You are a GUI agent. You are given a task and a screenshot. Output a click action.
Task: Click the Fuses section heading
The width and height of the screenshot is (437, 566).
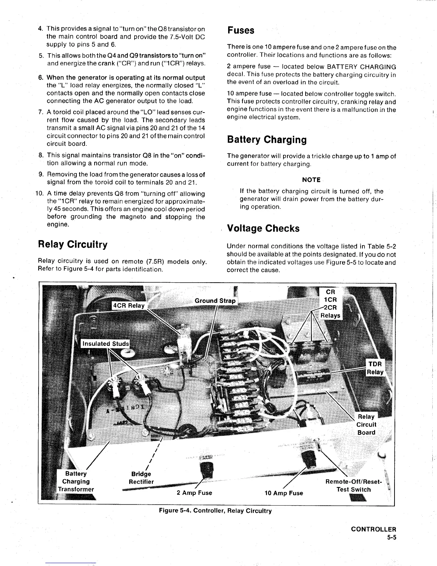click(x=241, y=30)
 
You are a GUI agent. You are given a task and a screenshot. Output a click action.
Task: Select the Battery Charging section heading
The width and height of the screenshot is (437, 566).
click(x=267, y=140)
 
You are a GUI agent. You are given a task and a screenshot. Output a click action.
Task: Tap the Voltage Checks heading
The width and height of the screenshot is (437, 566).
click(x=263, y=228)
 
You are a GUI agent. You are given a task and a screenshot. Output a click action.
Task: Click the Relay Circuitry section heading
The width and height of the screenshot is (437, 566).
click(x=72, y=244)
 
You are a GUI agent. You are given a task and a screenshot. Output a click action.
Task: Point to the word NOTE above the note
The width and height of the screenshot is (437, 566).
click(x=311, y=180)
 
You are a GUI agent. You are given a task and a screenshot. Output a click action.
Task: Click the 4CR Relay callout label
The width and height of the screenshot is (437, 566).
click(x=129, y=306)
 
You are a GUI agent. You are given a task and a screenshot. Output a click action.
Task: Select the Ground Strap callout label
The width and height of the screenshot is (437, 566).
click(x=215, y=301)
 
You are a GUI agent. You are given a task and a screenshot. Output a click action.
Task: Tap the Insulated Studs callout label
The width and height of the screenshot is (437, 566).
click(x=105, y=344)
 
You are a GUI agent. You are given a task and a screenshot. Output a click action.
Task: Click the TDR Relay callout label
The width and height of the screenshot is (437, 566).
click(x=375, y=368)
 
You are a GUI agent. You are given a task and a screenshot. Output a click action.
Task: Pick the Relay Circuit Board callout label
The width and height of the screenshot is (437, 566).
click(x=366, y=424)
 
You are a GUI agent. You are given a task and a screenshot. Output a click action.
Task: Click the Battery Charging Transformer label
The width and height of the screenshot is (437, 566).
click(x=76, y=481)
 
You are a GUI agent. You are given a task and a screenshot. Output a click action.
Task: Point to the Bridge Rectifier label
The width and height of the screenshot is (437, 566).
click(x=141, y=478)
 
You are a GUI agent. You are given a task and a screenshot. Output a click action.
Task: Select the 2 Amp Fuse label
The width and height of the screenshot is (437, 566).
click(x=194, y=493)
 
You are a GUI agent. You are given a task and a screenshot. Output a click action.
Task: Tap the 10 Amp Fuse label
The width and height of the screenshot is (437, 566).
click(x=283, y=493)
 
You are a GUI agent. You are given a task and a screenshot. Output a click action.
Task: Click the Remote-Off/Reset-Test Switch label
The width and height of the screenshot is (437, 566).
click(x=353, y=486)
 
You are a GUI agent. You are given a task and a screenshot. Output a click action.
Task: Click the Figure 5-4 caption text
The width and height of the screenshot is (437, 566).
click(x=215, y=511)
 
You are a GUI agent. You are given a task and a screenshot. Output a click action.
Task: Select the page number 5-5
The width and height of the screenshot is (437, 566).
click(x=392, y=537)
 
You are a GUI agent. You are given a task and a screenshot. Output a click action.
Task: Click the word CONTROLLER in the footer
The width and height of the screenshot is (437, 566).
click(x=373, y=529)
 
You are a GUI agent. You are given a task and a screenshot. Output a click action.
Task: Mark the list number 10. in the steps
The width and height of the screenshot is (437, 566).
click(x=40, y=194)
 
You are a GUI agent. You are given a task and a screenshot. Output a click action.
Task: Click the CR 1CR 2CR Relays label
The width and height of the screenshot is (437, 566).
click(x=330, y=303)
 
